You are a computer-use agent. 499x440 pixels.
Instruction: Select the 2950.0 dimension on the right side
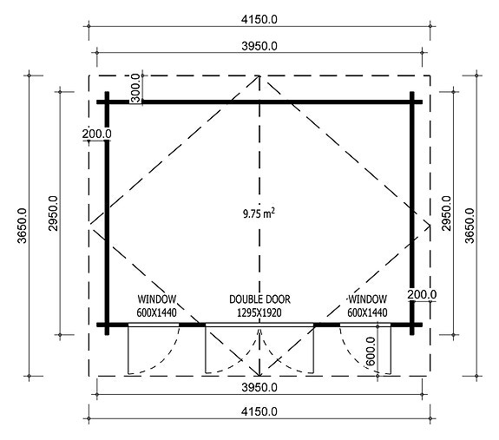coord(447,213)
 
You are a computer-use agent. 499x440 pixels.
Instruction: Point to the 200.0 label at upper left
coord(97,134)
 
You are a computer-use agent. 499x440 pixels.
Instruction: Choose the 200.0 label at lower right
coord(421,294)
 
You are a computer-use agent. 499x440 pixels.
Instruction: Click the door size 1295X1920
coord(259,312)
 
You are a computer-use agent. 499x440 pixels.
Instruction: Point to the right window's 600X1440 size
coord(365,312)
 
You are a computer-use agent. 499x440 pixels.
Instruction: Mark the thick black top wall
coord(260,102)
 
